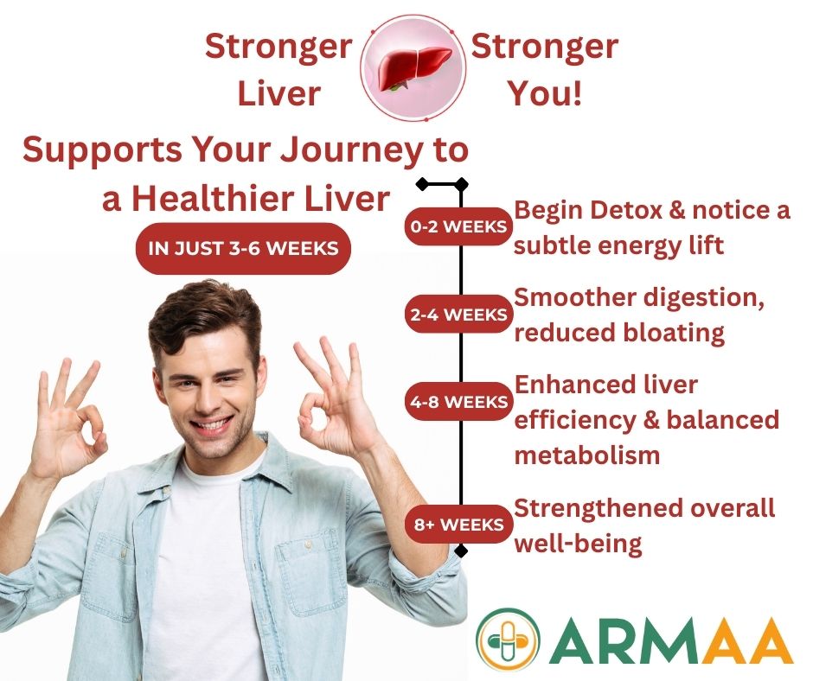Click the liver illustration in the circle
(413, 68)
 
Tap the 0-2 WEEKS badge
(458, 226)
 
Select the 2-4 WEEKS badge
(458, 314)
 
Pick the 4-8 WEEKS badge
(458, 401)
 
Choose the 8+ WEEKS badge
(458, 525)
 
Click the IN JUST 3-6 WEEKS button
(243, 248)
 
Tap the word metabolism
(587, 455)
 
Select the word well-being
(578, 544)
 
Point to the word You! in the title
(544, 93)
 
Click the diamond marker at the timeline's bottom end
(460, 551)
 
